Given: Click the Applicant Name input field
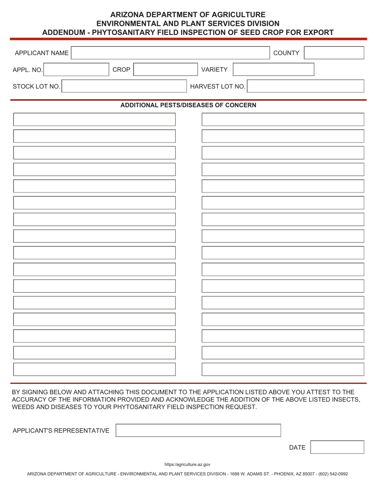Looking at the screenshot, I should pos(170,53).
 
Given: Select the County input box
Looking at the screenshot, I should pos(334,53).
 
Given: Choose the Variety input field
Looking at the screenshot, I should pos(273,70).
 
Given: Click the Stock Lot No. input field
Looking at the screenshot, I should pos(123,86).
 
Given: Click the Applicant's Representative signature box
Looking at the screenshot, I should pos(198,431).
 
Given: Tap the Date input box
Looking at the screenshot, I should pos(337,447).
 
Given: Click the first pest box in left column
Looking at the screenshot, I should pos(94,120).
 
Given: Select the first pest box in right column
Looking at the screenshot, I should pos(283,120).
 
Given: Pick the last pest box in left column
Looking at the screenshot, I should pos(94,369).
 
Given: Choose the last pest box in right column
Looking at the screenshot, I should pos(283,369).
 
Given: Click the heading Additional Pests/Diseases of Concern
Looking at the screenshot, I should pos(188,105).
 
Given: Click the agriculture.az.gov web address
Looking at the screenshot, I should pos(188,464).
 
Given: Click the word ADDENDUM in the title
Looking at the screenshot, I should pos(64,32).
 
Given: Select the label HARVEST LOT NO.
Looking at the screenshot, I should pos(217,86).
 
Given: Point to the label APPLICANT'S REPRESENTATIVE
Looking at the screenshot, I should pos(61,431).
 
